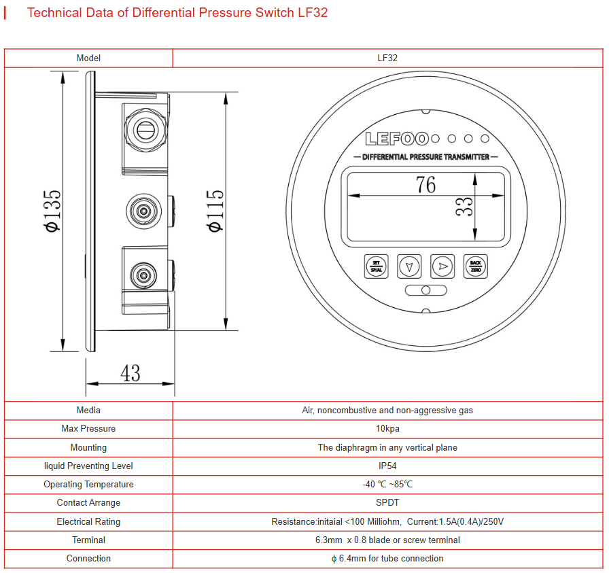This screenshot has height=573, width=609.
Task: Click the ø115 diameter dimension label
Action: pyautogui.click(x=215, y=211)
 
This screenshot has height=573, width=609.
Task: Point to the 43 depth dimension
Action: pyautogui.click(x=130, y=372)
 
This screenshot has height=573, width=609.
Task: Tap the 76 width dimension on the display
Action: pyautogui.click(x=426, y=184)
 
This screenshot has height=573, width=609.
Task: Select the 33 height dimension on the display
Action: pyautogui.click(x=464, y=207)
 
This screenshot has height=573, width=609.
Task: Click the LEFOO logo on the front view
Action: pyautogui.click(x=397, y=139)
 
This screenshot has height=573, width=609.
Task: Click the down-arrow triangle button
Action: pyautogui.click(x=408, y=266)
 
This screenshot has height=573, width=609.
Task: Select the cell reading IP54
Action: pyautogui.click(x=387, y=466)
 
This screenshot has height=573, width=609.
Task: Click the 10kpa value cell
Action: pyautogui.click(x=387, y=429)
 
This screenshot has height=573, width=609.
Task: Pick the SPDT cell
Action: pyautogui.click(x=387, y=503)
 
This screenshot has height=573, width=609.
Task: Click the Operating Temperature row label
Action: pyautogui.click(x=88, y=485)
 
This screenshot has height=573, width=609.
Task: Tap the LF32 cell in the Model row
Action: pyautogui.click(x=387, y=58)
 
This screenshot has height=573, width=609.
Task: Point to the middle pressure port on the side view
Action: pyautogui.click(x=143, y=212)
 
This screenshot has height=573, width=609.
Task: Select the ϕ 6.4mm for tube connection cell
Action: pyautogui.click(x=387, y=559)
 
